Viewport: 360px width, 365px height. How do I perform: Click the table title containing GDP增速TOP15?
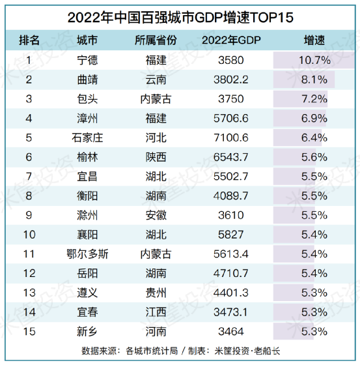[x=180, y=16]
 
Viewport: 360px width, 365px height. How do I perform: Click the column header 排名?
[x=29, y=40]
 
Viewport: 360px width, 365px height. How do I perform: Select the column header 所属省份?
[x=156, y=40]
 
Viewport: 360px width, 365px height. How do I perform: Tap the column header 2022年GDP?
[x=232, y=40]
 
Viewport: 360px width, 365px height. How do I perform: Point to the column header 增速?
[x=314, y=40]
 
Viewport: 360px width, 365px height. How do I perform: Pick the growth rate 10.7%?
[x=314, y=61]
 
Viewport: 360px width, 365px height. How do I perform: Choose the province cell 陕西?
[x=156, y=157]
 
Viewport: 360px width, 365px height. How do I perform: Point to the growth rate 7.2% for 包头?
[x=314, y=99]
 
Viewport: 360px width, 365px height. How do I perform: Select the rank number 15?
[x=29, y=331]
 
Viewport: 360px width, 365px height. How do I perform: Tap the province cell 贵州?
[x=156, y=293]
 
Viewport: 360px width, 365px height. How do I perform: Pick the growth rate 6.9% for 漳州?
[x=314, y=119]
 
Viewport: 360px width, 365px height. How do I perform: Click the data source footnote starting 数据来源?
[x=180, y=351]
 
